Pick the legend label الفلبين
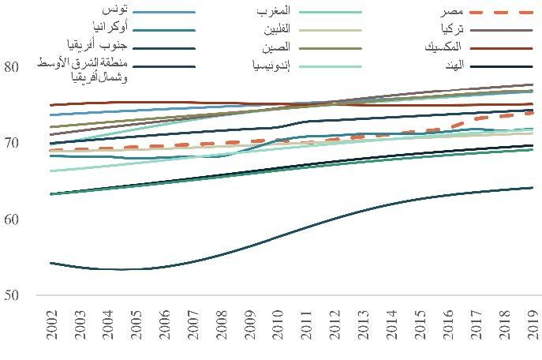coord(276,29)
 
